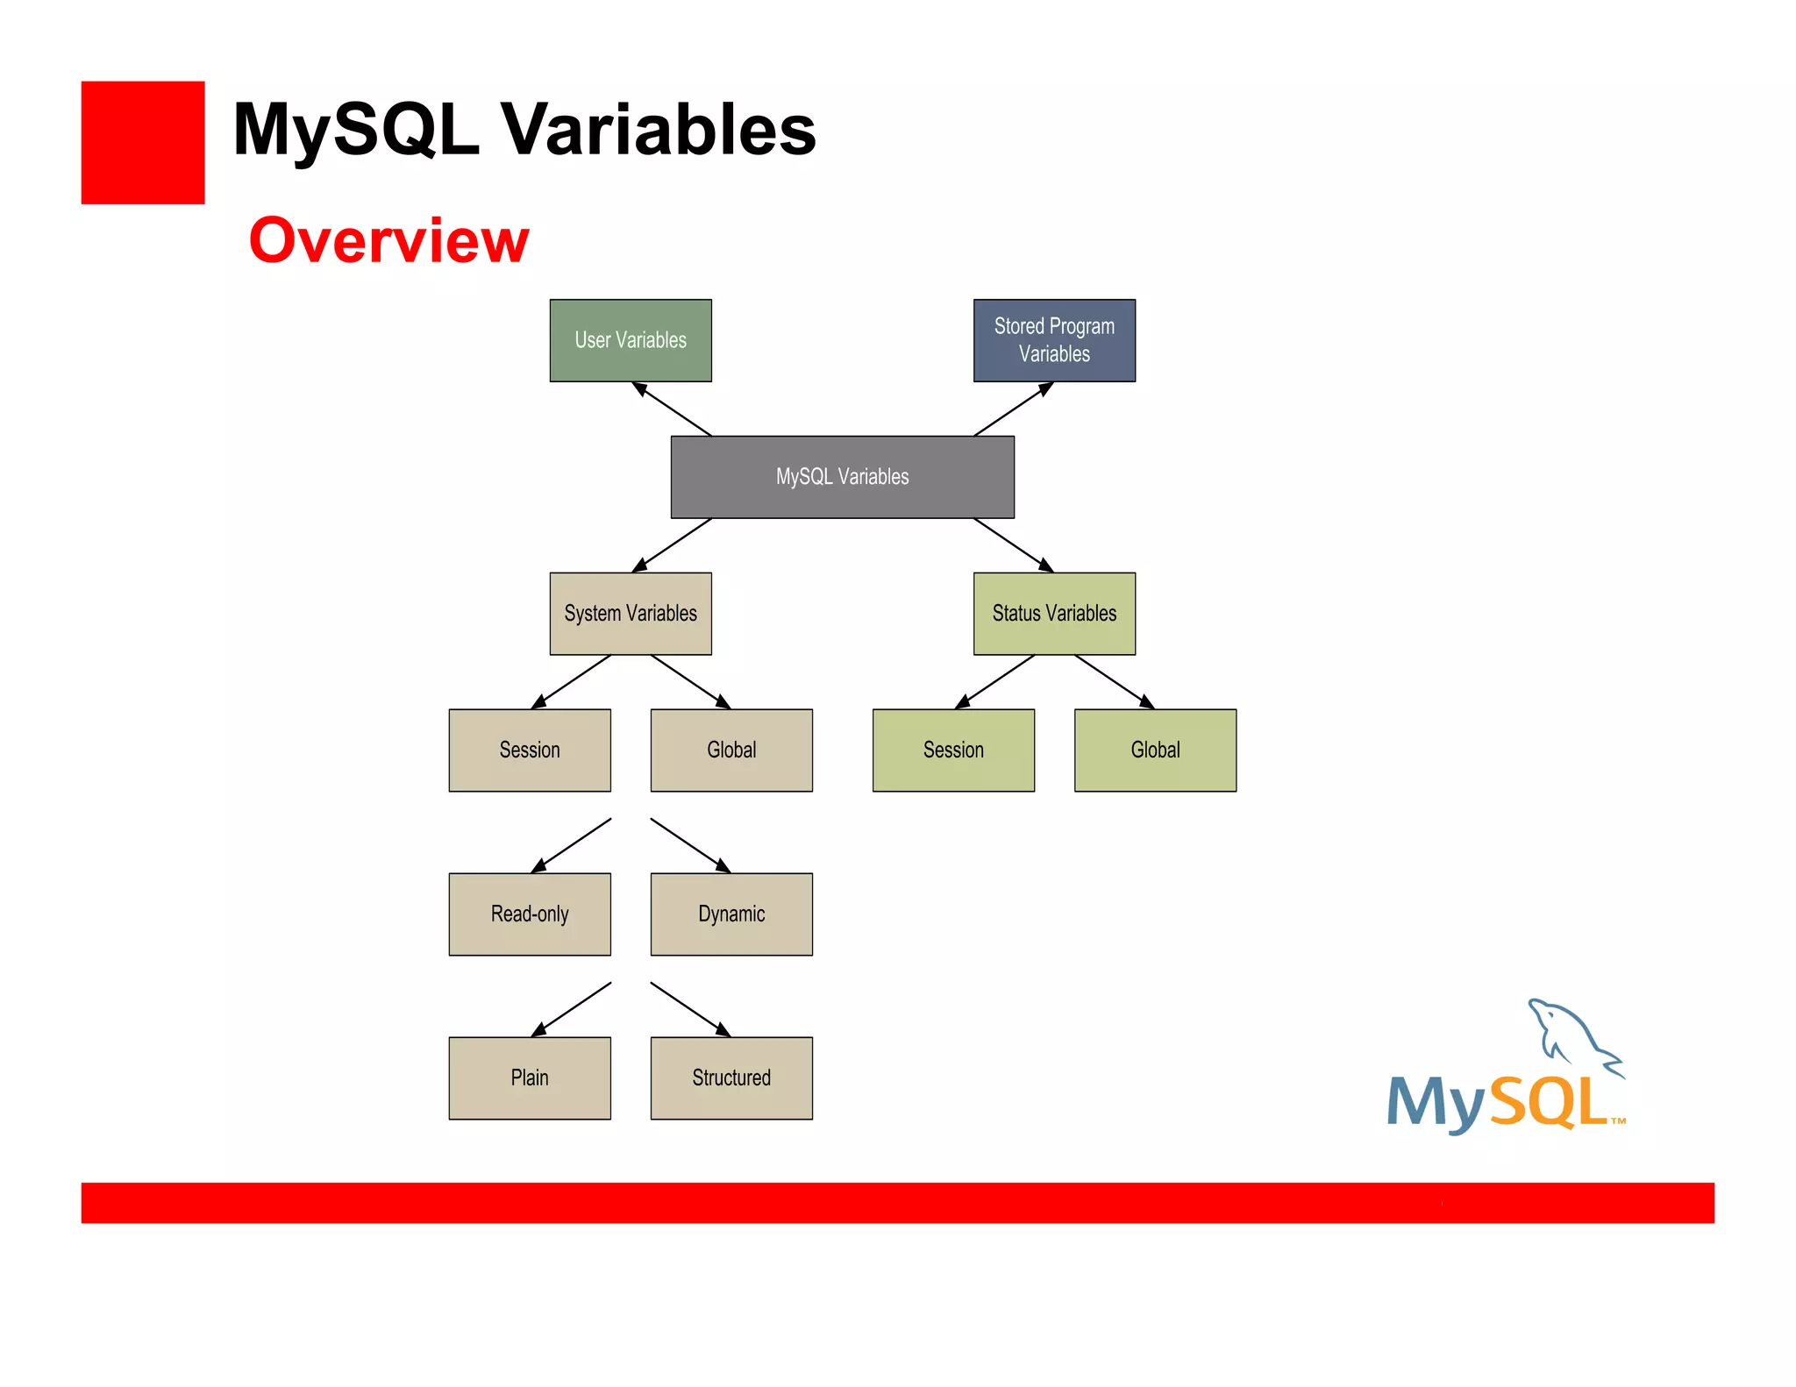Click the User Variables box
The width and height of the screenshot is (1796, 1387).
631,340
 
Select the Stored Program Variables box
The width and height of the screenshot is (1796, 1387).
1054,340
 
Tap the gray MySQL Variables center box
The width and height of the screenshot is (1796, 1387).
842,477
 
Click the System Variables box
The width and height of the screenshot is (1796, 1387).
631,614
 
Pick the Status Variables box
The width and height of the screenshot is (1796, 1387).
1054,614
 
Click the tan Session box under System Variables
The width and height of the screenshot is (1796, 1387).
530,750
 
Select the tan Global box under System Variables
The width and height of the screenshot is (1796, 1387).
731,750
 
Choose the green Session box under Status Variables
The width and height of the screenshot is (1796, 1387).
953,750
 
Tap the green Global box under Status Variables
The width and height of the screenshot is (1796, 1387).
1155,750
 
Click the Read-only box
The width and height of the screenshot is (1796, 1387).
530,914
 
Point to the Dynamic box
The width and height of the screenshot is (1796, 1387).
731,914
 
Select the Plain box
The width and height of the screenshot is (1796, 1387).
530,1078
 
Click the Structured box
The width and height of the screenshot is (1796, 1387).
731,1078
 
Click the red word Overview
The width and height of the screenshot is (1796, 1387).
388,240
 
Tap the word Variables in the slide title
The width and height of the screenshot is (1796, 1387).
658,130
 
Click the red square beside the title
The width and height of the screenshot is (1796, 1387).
143,143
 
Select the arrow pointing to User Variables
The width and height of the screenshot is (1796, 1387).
671,409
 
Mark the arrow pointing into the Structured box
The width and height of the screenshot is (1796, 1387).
690,1009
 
